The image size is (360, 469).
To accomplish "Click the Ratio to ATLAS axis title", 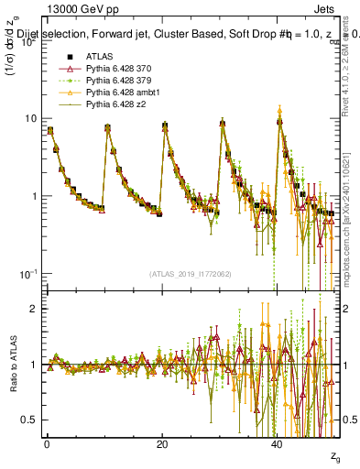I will tap(12, 364).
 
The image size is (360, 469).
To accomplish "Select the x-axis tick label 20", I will tap(161, 444).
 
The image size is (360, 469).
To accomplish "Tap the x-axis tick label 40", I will tap(277, 444).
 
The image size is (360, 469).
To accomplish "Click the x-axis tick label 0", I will tap(47, 444).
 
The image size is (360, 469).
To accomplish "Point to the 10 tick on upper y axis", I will tap(30, 119).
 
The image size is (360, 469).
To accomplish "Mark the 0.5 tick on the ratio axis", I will tap(28, 420).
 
